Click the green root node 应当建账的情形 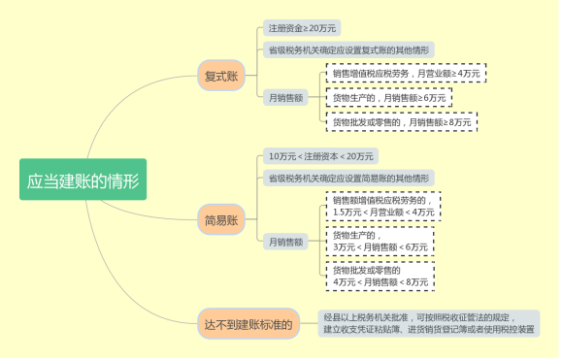83,180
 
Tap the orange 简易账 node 221,220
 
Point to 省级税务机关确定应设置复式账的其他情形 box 348,49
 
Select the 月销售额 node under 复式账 285,97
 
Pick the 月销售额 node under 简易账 285,241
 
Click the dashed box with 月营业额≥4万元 406,73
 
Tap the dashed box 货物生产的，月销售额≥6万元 389,98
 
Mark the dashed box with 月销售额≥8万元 402,122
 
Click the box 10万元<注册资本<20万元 320,156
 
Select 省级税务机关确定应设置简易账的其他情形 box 348,178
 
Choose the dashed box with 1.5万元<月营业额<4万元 382,206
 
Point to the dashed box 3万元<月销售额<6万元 380,241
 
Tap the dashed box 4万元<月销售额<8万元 380,276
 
